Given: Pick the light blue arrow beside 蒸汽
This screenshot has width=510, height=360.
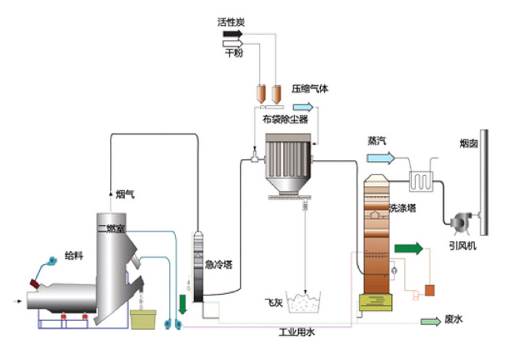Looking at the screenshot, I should point(381,157).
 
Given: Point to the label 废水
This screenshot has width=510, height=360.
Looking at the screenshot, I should point(455,319).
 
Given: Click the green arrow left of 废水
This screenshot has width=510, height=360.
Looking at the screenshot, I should point(430,320).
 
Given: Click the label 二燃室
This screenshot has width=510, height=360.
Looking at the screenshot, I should point(111,228).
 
